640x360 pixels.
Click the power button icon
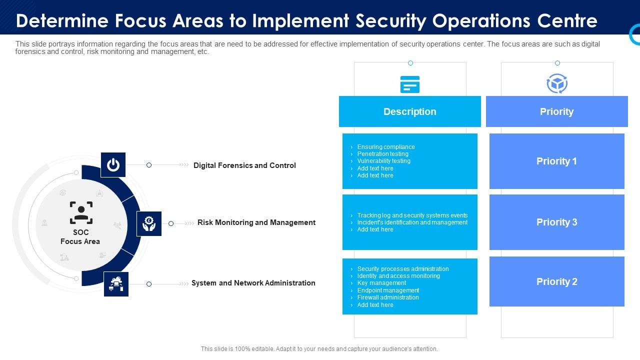[x=113, y=165]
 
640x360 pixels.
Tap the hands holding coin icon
[x=149, y=223]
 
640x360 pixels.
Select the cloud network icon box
[x=116, y=284]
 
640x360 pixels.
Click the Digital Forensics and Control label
[x=244, y=165]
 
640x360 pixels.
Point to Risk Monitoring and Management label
[x=256, y=222]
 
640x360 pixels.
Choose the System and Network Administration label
[x=253, y=283]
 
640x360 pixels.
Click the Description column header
[x=409, y=111]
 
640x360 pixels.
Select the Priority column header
[x=556, y=111]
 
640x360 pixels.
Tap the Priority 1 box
[x=556, y=161]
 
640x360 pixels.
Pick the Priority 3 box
[x=556, y=222]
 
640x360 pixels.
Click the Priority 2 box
[x=556, y=281]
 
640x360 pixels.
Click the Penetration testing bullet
[x=382, y=154]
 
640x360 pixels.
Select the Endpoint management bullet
[x=388, y=290]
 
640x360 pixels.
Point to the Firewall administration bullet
[x=388, y=297]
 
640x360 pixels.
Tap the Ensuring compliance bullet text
[x=386, y=147]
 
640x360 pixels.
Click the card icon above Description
[x=410, y=84]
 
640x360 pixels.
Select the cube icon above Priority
[x=557, y=84]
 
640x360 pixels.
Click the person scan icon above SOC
[x=81, y=212]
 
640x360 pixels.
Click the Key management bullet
[x=381, y=283]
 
